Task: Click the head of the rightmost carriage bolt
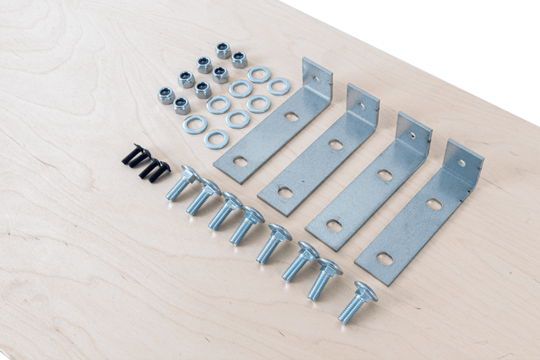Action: point(365,291)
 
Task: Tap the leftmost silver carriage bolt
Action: point(181,183)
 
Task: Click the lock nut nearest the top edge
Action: point(223,50)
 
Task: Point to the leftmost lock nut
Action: point(166,95)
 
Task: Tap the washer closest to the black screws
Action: point(195,123)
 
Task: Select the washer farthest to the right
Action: point(278,86)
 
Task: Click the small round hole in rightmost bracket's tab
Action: point(461,163)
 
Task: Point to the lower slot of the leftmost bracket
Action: point(241,161)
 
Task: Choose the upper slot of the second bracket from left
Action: point(336,144)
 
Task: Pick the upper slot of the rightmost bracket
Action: point(434,204)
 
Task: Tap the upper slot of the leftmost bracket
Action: point(291,117)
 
